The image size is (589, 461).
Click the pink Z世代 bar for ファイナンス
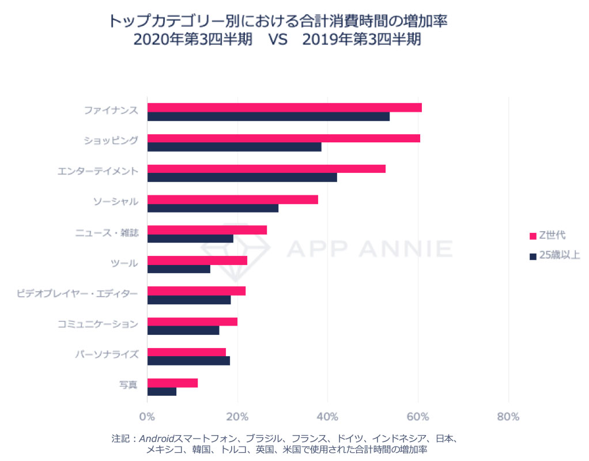coord(284,108)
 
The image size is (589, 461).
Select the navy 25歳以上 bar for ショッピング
coord(234,147)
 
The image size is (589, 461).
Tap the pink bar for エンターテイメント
coord(266,169)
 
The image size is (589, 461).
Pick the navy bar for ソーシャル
coord(213,208)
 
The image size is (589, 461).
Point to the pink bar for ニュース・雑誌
coord(207,230)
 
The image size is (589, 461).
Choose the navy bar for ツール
coord(179,269)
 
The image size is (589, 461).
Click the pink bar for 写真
coord(172,383)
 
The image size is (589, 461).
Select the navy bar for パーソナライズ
coord(188,361)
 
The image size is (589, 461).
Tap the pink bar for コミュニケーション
coord(192,322)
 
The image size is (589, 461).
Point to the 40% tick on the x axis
coord(327,417)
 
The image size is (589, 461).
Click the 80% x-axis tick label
coord(508,417)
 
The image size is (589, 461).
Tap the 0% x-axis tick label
coord(148,417)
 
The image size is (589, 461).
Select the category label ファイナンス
coord(111,109)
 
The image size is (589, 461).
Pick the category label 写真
coord(128,384)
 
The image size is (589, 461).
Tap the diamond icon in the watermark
coord(236,248)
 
